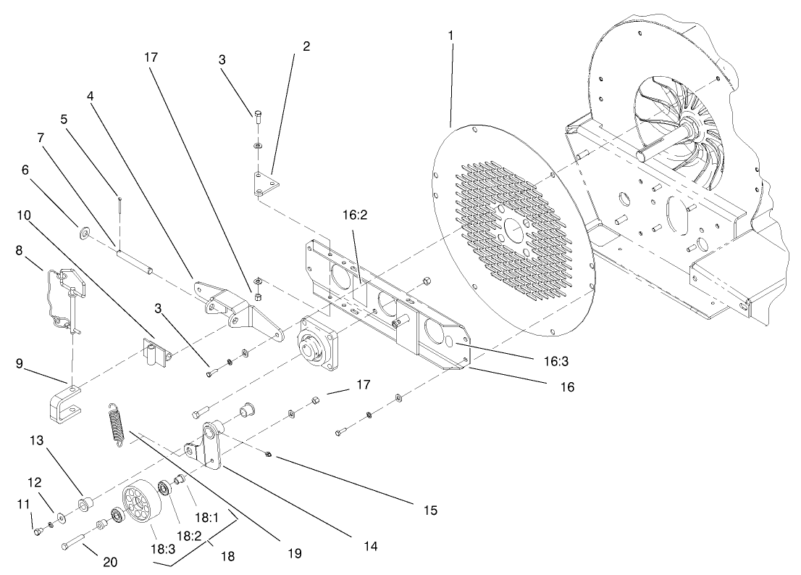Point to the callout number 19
click(x=293, y=553)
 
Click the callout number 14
click(x=370, y=544)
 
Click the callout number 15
click(x=430, y=510)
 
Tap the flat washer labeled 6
click(x=85, y=233)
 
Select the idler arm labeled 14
click(x=211, y=444)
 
